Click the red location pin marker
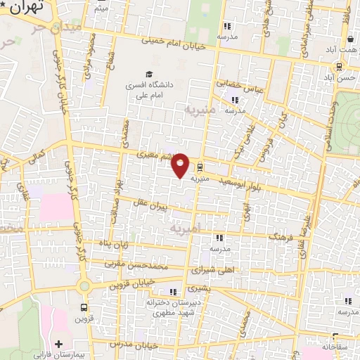click(181, 165)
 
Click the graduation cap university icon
click(148, 75)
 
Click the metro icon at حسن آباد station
click(340, 67)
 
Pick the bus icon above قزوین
click(84, 308)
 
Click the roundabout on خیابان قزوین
click(84, 286)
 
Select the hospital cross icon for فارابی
click(59, 344)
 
